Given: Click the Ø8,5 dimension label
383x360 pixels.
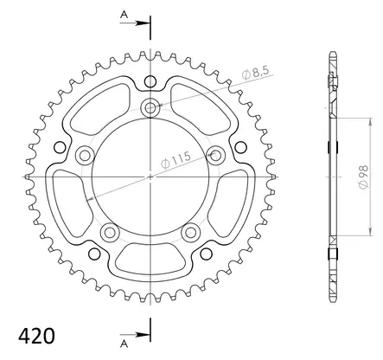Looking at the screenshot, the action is tap(256, 73).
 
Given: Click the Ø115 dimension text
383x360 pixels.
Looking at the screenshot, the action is tap(176, 159).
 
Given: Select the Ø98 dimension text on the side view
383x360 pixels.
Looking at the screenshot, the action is tap(364, 177).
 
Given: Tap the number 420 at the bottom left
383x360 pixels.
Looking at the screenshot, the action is tap(36, 336).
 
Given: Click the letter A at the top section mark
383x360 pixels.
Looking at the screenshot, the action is tap(124, 15).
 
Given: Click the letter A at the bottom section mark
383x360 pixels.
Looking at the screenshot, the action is tap(124, 344).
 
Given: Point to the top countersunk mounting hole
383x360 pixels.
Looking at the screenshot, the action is tap(150, 108).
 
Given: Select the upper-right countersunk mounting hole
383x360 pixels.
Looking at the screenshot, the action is tap(215, 156).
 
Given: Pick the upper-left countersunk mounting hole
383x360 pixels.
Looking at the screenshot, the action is tap(85, 156).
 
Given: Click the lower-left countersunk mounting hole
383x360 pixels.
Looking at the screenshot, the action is tap(110, 232).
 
